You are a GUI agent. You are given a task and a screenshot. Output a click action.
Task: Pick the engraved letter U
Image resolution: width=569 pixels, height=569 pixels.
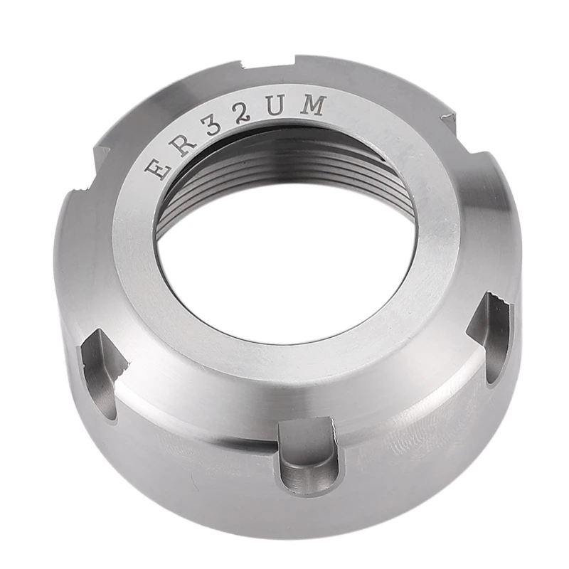pos(277,108)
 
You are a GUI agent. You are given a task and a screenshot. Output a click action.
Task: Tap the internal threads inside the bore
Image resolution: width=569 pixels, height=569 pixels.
pos(284,167)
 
